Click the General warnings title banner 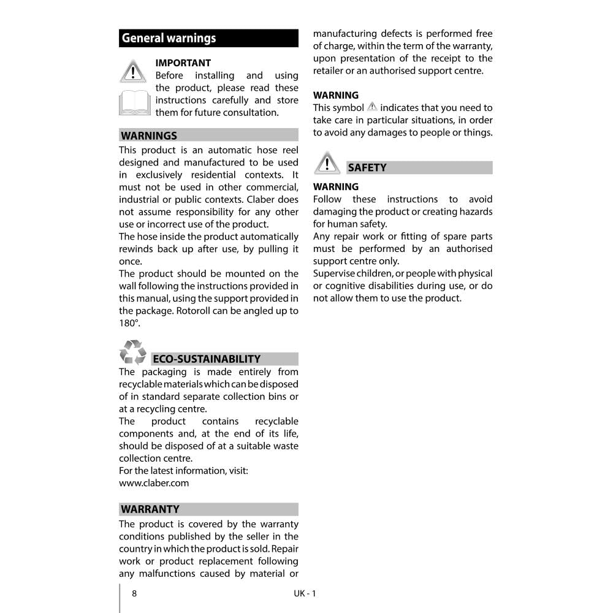(x=208, y=38)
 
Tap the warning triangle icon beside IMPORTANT (x=132, y=71)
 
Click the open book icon (x=134, y=102)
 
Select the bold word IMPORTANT (x=183, y=63)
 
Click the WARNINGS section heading (x=149, y=135)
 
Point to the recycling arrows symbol (x=132, y=353)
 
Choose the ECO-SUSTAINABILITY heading (x=207, y=359)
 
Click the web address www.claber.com (x=154, y=483)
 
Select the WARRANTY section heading (x=150, y=509)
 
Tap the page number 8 (x=134, y=593)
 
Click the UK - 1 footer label (x=305, y=593)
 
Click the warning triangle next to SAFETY (x=327, y=163)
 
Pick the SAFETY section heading (x=367, y=167)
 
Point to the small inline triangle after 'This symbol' (x=372, y=107)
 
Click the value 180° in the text (x=129, y=323)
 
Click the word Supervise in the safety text (x=335, y=273)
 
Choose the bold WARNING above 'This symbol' (x=336, y=95)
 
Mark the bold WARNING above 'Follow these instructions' (x=336, y=186)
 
